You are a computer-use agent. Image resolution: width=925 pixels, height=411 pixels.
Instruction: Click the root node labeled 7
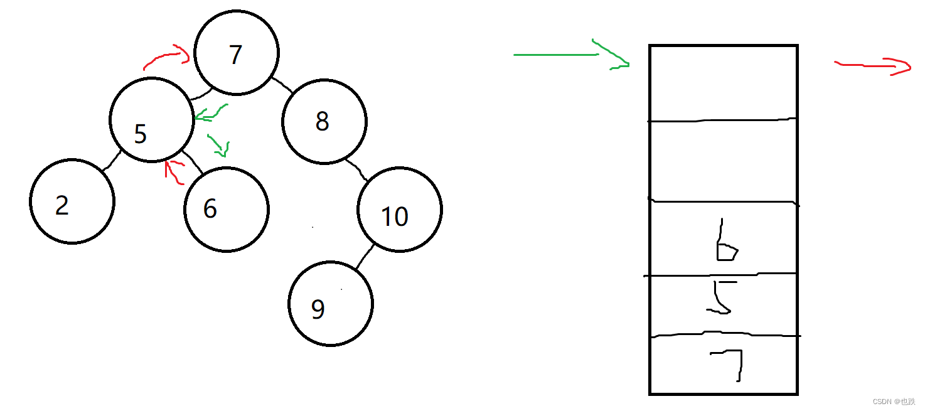point(236,53)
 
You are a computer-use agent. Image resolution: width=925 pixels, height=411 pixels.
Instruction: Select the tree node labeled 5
point(152,119)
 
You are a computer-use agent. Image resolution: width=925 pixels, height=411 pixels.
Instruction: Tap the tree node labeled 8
point(324,122)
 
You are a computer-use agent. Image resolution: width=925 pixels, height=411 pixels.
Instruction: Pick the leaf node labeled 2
point(72,201)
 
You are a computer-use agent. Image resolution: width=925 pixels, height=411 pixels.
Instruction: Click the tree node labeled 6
point(227,209)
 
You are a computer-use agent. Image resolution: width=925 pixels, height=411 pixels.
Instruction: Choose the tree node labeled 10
point(400,209)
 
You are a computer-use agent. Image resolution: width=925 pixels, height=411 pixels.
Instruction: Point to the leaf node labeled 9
point(331,304)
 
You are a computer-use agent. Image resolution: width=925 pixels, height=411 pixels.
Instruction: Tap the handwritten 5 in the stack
point(720,297)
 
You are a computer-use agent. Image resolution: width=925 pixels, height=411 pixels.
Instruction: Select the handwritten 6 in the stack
point(725,242)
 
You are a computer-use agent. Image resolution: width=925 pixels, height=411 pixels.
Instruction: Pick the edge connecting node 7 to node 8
point(283,86)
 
